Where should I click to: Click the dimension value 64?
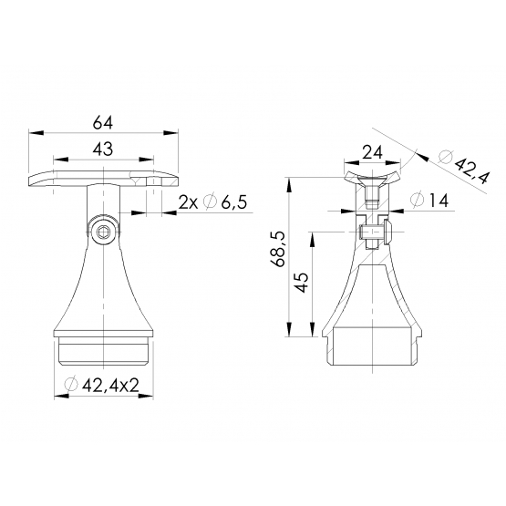(x=103, y=123)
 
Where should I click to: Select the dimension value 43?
(x=103, y=150)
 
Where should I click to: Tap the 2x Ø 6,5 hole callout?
(x=212, y=202)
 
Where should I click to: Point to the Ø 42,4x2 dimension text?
(x=102, y=385)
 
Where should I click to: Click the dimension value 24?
(x=372, y=152)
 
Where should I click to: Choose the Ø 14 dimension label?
(x=429, y=200)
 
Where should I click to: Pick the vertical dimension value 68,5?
(x=278, y=249)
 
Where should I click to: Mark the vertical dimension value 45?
(x=302, y=283)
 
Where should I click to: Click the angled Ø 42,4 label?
(x=465, y=168)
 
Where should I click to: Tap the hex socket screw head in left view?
(x=103, y=231)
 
